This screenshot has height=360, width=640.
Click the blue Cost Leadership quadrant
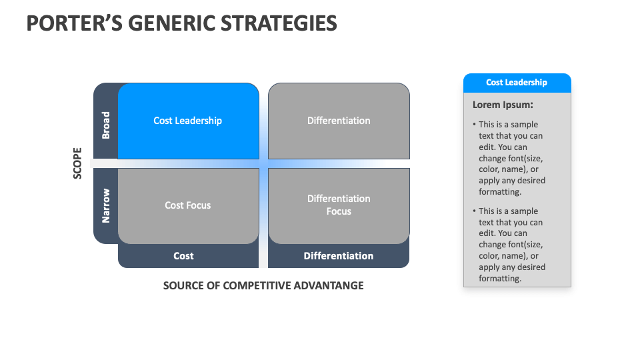[x=188, y=121]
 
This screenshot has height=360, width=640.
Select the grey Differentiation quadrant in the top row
[x=339, y=121]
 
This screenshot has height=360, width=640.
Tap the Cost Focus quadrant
[x=188, y=205]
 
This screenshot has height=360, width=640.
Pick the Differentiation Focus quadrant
[x=339, y=205]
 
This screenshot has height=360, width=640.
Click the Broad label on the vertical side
[x=105, y=125]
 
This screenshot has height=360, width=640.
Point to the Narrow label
[x=105, y=205]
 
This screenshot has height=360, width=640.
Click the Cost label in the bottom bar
[x=183, y=256]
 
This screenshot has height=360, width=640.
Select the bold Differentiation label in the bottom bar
[x=339, y=256]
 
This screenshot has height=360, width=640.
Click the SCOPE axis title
[x=77, y=163]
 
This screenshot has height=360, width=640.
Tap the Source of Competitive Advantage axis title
[x=263, y=285]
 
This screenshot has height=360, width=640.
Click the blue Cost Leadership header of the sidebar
[x=517, y=83]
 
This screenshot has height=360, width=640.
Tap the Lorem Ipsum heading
[x=503, y=105]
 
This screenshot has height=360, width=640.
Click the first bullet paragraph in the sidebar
[x=511, y=158]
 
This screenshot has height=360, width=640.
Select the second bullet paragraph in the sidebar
[x=511, y=245]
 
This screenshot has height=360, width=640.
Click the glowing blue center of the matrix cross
[x=263, y=163]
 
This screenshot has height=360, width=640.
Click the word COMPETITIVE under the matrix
[x=253, y=285]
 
